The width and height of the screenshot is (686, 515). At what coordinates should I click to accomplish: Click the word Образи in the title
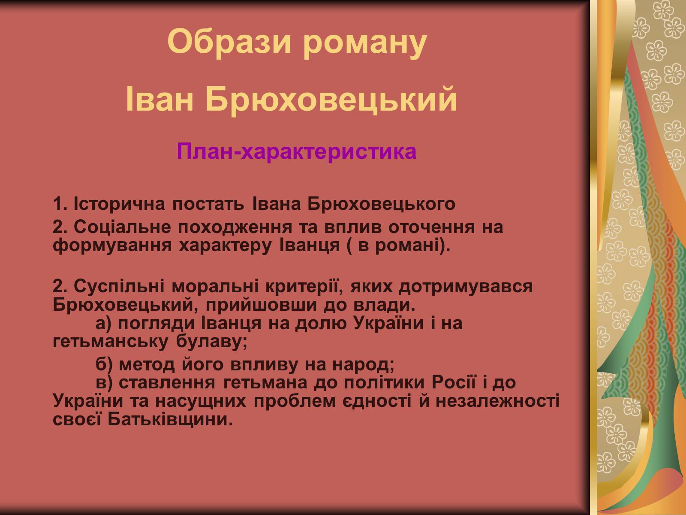(229, 42)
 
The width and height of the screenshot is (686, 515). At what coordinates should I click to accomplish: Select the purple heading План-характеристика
(297, 151)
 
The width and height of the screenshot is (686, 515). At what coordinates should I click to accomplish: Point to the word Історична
(119, 204)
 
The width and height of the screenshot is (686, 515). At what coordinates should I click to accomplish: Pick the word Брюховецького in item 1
(381, 204)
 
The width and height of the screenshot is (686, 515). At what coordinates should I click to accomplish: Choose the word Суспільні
(119, 286)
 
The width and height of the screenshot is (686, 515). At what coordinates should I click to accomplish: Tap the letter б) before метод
(104, 365)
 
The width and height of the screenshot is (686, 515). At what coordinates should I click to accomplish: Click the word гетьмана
(265, 383)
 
